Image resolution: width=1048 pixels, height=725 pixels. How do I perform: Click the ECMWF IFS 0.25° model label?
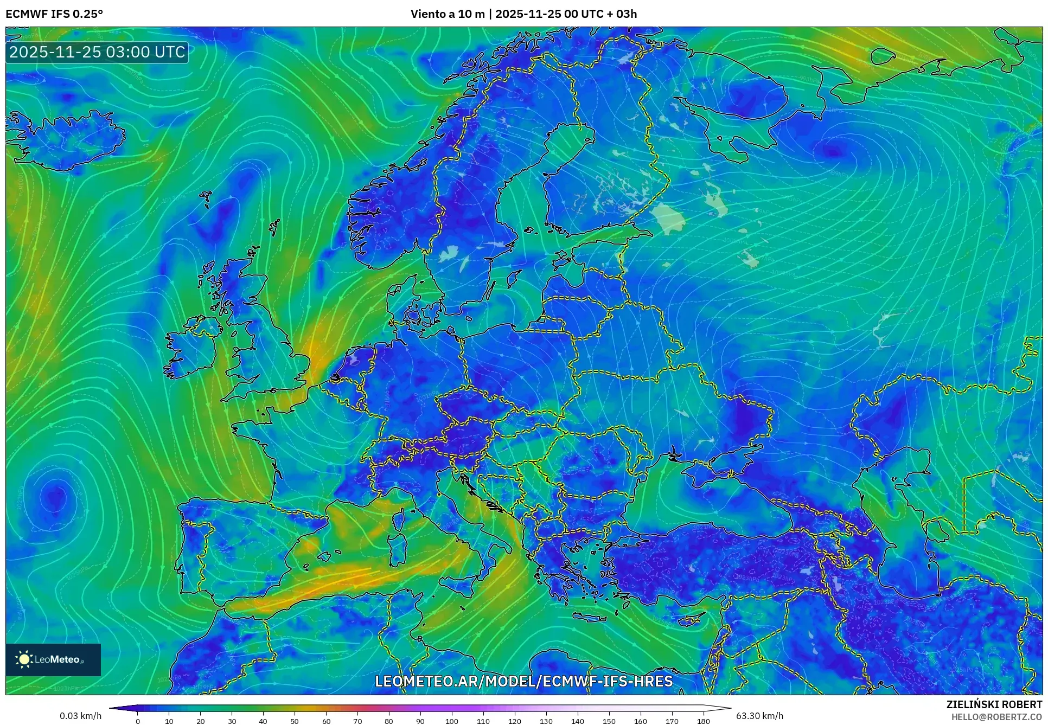coord(54,14)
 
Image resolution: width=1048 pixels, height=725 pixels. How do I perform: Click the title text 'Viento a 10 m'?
coord(447,14)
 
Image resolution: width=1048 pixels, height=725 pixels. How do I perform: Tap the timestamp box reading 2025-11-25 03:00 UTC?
coord(97,52)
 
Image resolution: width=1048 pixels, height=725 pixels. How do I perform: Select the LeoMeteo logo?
coord(53,659)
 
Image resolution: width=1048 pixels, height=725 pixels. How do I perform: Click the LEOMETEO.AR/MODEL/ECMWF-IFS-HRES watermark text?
coord(523,681)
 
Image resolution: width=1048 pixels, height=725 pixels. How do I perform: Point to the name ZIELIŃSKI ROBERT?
coord(994,704)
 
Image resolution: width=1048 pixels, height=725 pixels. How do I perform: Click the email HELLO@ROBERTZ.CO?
coord(996,717)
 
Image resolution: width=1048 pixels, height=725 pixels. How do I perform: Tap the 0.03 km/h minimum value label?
coord(80,716)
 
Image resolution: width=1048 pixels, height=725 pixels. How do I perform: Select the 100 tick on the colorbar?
coord(452,721)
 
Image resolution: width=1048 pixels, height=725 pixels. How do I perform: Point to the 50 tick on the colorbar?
coord(295,721)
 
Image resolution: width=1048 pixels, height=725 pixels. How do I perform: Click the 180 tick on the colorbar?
coord(704,721)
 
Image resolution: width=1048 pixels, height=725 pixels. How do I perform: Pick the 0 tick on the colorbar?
coord(138,721)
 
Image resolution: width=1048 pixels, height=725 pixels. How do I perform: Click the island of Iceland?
coord(65,138)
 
